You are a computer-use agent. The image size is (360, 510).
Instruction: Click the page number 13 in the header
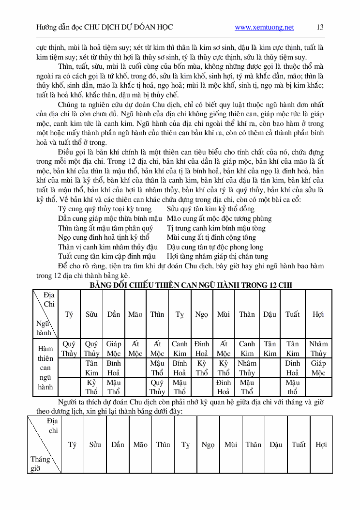pos(320,27)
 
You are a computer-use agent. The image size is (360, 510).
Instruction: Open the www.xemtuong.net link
pos(264,28)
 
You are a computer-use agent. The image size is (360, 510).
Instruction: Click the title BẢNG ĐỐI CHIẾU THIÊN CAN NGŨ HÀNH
pos(191,285)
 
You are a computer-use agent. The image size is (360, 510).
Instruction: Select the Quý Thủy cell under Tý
pos(69,348)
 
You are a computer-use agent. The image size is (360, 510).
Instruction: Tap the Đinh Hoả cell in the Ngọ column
pos(201,348)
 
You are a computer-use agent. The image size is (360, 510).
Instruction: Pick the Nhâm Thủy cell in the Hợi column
pos(318,348)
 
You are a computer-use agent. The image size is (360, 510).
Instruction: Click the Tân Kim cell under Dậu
pos(270,348)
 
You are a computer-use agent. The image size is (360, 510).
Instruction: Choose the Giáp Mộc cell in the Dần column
pos(114,348)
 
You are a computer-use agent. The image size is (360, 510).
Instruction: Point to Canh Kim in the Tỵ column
pos(180,348)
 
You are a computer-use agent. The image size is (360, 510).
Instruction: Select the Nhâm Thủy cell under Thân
pos(247,368)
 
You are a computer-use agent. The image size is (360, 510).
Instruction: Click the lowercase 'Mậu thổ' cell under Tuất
pos(292,387)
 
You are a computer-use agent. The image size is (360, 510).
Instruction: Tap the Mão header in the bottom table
pos(140,444)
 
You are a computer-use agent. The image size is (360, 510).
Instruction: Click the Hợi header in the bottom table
pos(321,444)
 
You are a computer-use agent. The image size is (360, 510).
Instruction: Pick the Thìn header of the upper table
pos(157,314)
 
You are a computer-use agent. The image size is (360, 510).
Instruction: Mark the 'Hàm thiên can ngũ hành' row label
pos(45,368)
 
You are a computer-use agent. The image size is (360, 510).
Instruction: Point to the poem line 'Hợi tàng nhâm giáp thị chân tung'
pos(217,256)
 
